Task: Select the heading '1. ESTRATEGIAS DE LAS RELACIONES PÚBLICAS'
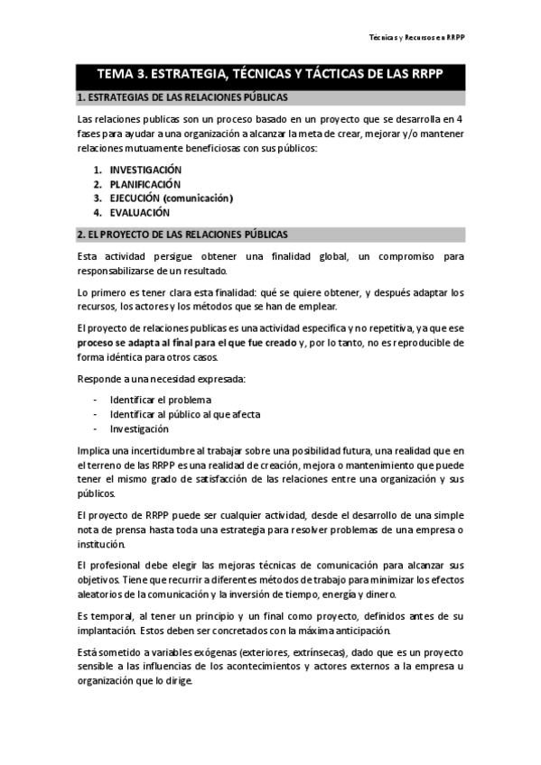click(183, 97)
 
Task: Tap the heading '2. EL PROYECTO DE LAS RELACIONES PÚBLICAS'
click(183, 235)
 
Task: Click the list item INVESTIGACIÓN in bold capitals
click(145, 170)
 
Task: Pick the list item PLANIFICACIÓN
click(145, 184)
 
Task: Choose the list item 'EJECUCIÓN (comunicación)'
click(171, 198)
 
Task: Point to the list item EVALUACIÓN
click(140, 213)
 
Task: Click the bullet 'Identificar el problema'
click(160, 400)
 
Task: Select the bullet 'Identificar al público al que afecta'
click(184, 414)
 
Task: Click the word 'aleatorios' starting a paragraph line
click(99, 594)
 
